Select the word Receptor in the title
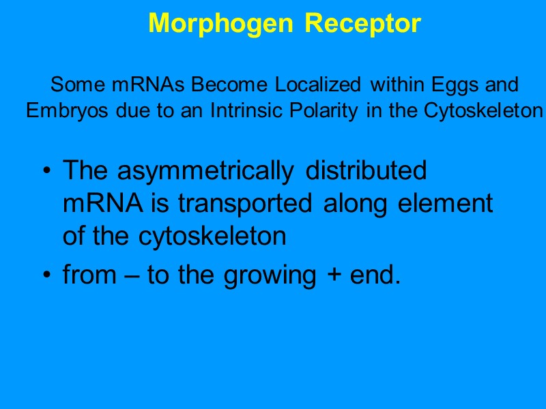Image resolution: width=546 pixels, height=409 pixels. (362, 24)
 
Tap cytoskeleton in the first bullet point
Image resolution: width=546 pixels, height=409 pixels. (212, 237)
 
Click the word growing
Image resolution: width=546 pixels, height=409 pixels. (266, 276)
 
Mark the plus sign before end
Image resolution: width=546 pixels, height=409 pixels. (329, 276)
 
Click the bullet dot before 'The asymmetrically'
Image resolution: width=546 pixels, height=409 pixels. (46, 170)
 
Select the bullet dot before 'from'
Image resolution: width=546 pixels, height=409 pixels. (46, 276)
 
